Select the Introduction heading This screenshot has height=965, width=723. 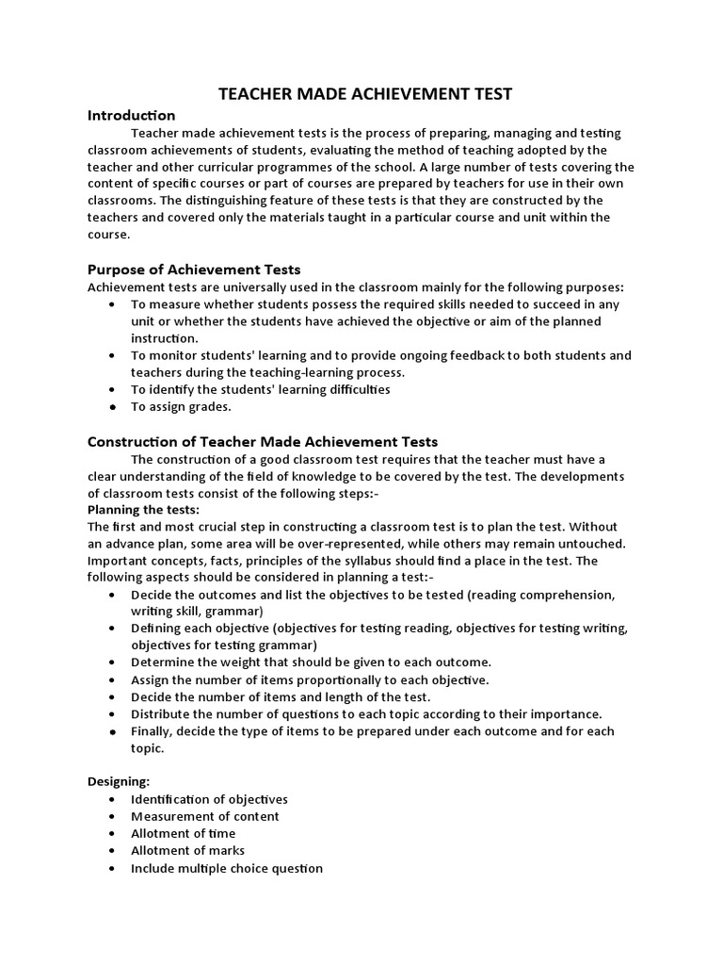tap(131, 115)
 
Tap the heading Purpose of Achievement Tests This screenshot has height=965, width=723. tap(194, 270)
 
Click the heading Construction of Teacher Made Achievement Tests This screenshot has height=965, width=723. tap(263, 441)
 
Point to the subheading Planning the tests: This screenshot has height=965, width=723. tap(143, 510)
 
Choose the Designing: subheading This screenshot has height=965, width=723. tap(119, 781)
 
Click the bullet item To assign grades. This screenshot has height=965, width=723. tap(181, 406)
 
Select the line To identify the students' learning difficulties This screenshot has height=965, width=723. tap(260, 389)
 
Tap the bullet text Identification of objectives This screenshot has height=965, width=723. tap(209, 799)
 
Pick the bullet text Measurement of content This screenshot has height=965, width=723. tap(204, 816)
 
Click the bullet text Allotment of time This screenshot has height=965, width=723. tap(183, 833)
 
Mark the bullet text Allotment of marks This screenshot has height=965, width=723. tap(187, 851)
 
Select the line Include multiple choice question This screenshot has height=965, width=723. tap(226, 868)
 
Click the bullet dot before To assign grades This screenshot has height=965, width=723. tap(113, 407)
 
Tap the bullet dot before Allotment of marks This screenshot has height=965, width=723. tap(113, 851)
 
